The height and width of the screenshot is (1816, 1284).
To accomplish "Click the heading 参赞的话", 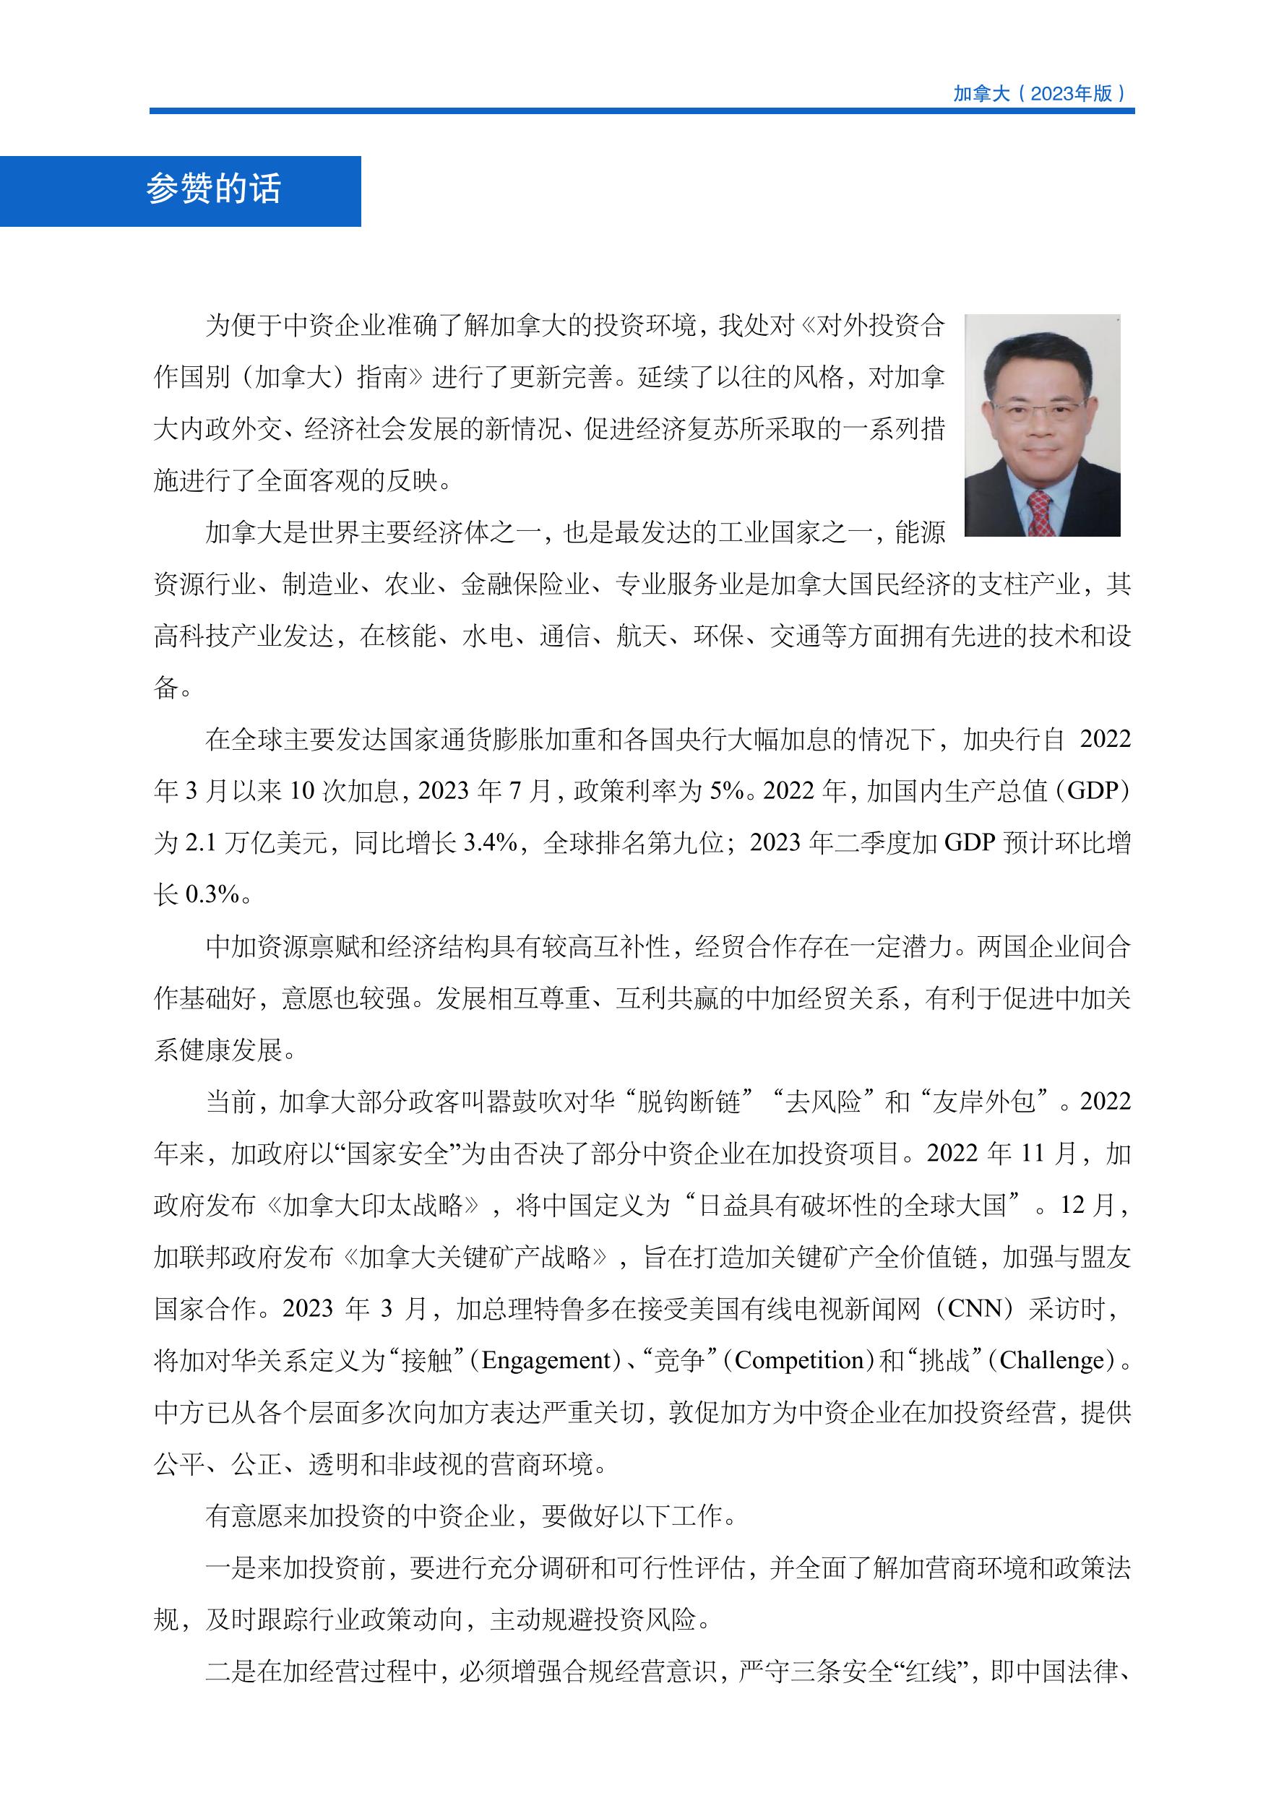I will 214,190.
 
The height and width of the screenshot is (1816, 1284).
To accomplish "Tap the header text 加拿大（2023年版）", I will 1040,93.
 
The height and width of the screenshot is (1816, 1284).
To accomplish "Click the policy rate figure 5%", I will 725,791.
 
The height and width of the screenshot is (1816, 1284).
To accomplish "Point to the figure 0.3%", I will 211,894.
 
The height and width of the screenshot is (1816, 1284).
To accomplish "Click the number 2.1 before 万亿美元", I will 200,843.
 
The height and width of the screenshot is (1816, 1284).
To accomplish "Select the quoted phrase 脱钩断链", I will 689,1102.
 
